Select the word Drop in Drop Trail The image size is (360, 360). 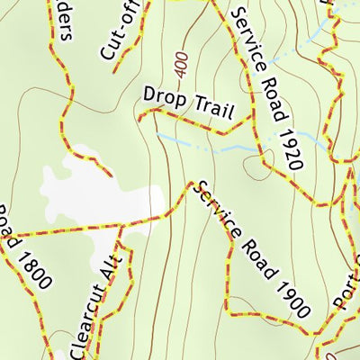[x=163, y=95]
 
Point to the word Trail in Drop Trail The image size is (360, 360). [x=214, y=109]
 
